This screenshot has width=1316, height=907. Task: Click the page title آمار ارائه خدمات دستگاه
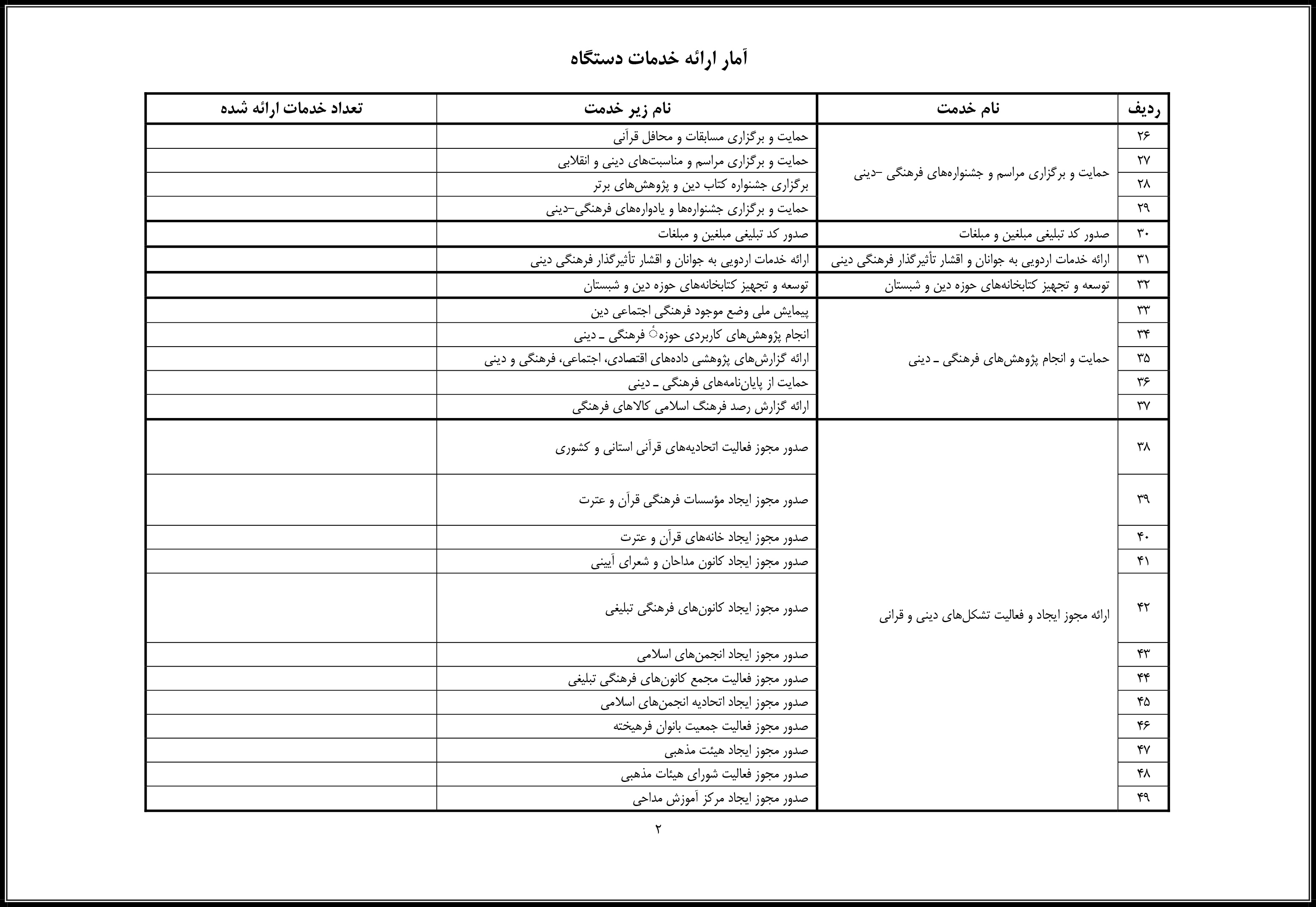tap(658, 58)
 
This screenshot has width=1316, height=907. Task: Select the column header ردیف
tap(1143, 109)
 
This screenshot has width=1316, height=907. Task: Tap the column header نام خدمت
tap(968, 109)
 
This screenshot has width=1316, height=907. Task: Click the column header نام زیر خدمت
tap(627, 109)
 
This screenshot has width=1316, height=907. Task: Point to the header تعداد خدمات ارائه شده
tap(291, 109)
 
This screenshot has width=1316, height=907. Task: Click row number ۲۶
tap(1143, 137)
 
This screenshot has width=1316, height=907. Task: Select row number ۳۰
tap(1143, 234)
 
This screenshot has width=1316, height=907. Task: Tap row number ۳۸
tap(1143, 447)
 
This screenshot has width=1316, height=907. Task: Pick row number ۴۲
tap(1143, 607)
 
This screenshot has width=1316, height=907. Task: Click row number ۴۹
tap(1143, 798)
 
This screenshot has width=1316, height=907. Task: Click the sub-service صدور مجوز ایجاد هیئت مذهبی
tap(736, 751)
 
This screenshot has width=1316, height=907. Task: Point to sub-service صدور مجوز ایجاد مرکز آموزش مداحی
tap(720, 798)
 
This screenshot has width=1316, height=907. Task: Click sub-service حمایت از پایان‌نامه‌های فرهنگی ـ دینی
tap(718, 383)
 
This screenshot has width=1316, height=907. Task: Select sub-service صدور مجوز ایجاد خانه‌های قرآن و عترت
tap(714, 537)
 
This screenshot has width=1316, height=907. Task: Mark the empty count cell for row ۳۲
tap(291, 285)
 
